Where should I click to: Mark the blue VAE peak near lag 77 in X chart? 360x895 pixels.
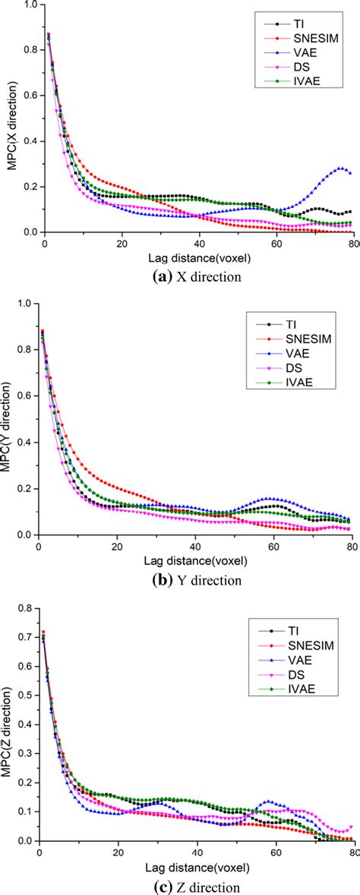340,168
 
